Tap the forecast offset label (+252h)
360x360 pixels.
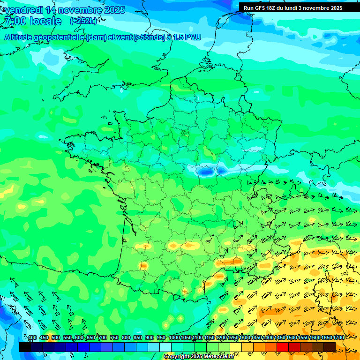tap(83, 21)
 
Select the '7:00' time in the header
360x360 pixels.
tap(14, 21)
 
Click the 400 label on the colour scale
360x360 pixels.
tap(32, 338)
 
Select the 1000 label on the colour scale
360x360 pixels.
tap(174, 338)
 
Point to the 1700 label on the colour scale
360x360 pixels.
tap(338, 338)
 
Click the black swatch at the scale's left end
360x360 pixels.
tap(25, 347)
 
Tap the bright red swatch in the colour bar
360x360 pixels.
tap(283, 347)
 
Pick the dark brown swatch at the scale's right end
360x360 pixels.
tap(330, 347)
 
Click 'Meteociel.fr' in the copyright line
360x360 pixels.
tap(219, 357)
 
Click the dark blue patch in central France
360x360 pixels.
tap(205, 172)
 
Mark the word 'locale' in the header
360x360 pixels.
tap(45, 21)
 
